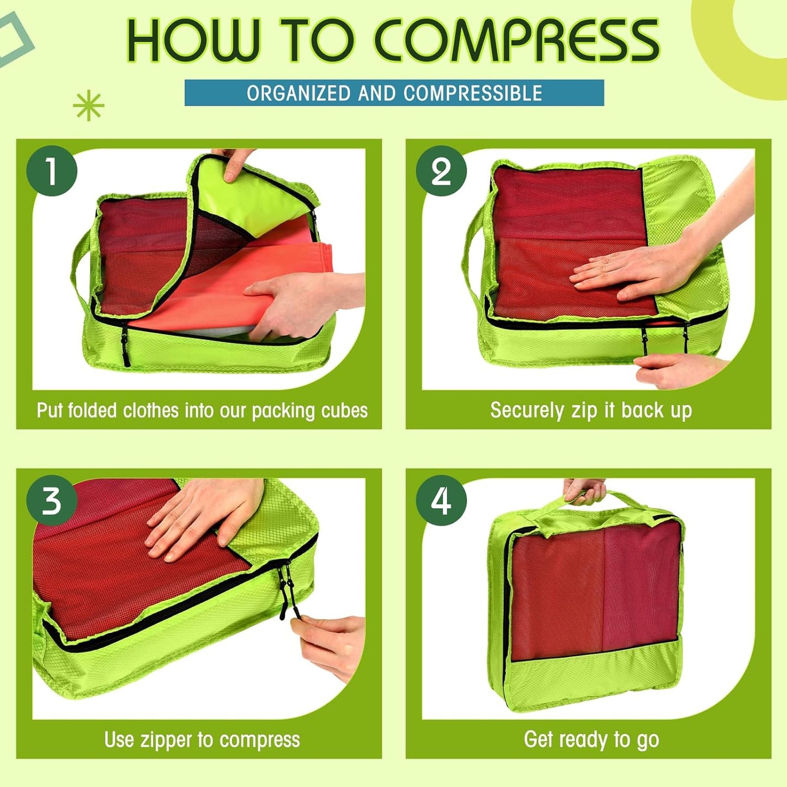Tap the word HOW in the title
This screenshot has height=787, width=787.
click(x=192, y=41)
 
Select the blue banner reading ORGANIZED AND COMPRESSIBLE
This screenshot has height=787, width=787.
click(x=394, y=93)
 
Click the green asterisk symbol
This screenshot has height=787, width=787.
click(x=88, y=106)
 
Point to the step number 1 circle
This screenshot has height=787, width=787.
click(x=52, y=171)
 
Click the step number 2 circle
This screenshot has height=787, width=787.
click(x=441, y=171)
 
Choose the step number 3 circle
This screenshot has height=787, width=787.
click(x=52, y=501)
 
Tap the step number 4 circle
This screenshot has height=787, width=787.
click(x=441, y=501)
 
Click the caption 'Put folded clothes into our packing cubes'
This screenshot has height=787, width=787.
click(x=202, y=410)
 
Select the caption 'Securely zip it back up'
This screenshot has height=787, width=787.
click(x=591, y=410)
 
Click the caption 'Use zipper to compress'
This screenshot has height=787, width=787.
click(x=202, y=740)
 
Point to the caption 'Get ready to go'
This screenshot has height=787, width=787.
click(x=591, y=740)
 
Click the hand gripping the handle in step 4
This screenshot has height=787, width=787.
click(x=584, y=490)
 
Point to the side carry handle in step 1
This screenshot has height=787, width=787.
click(x=79, y=261)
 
